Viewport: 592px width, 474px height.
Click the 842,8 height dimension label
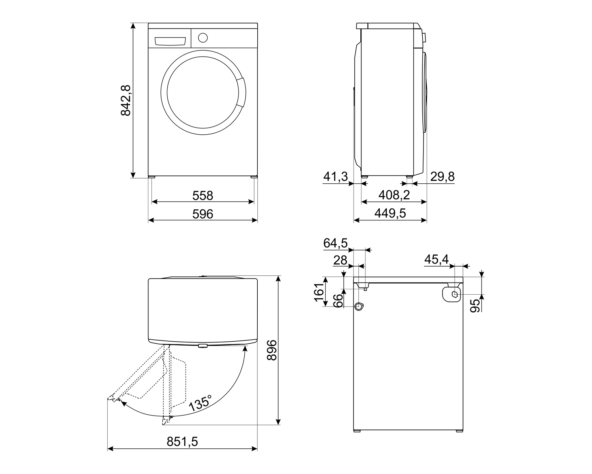point(126,100)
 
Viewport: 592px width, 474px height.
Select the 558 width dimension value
point(203,196)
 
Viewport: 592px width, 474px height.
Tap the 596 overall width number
point(203,214)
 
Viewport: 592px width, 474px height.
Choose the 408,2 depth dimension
point(394,195)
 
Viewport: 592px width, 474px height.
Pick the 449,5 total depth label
point(390,213)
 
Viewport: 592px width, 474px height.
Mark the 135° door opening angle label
point(200,403)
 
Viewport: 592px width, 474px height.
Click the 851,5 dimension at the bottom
point(182,442)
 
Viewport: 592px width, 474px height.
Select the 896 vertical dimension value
point(272,350)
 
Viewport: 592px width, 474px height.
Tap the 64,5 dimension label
point(335,243)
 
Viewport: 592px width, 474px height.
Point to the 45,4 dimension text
point(436,259)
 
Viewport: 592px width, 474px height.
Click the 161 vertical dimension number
point(319,292)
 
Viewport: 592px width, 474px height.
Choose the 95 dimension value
point(475,306)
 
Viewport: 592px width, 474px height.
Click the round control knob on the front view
point(203,38)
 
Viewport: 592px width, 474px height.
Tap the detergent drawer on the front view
point(170,41)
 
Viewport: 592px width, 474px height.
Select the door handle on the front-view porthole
point(241,92)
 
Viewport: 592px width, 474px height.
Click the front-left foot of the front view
point(152,177)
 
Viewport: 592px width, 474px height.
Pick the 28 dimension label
point(340,260)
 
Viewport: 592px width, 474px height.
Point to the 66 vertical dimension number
point(338,301)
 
